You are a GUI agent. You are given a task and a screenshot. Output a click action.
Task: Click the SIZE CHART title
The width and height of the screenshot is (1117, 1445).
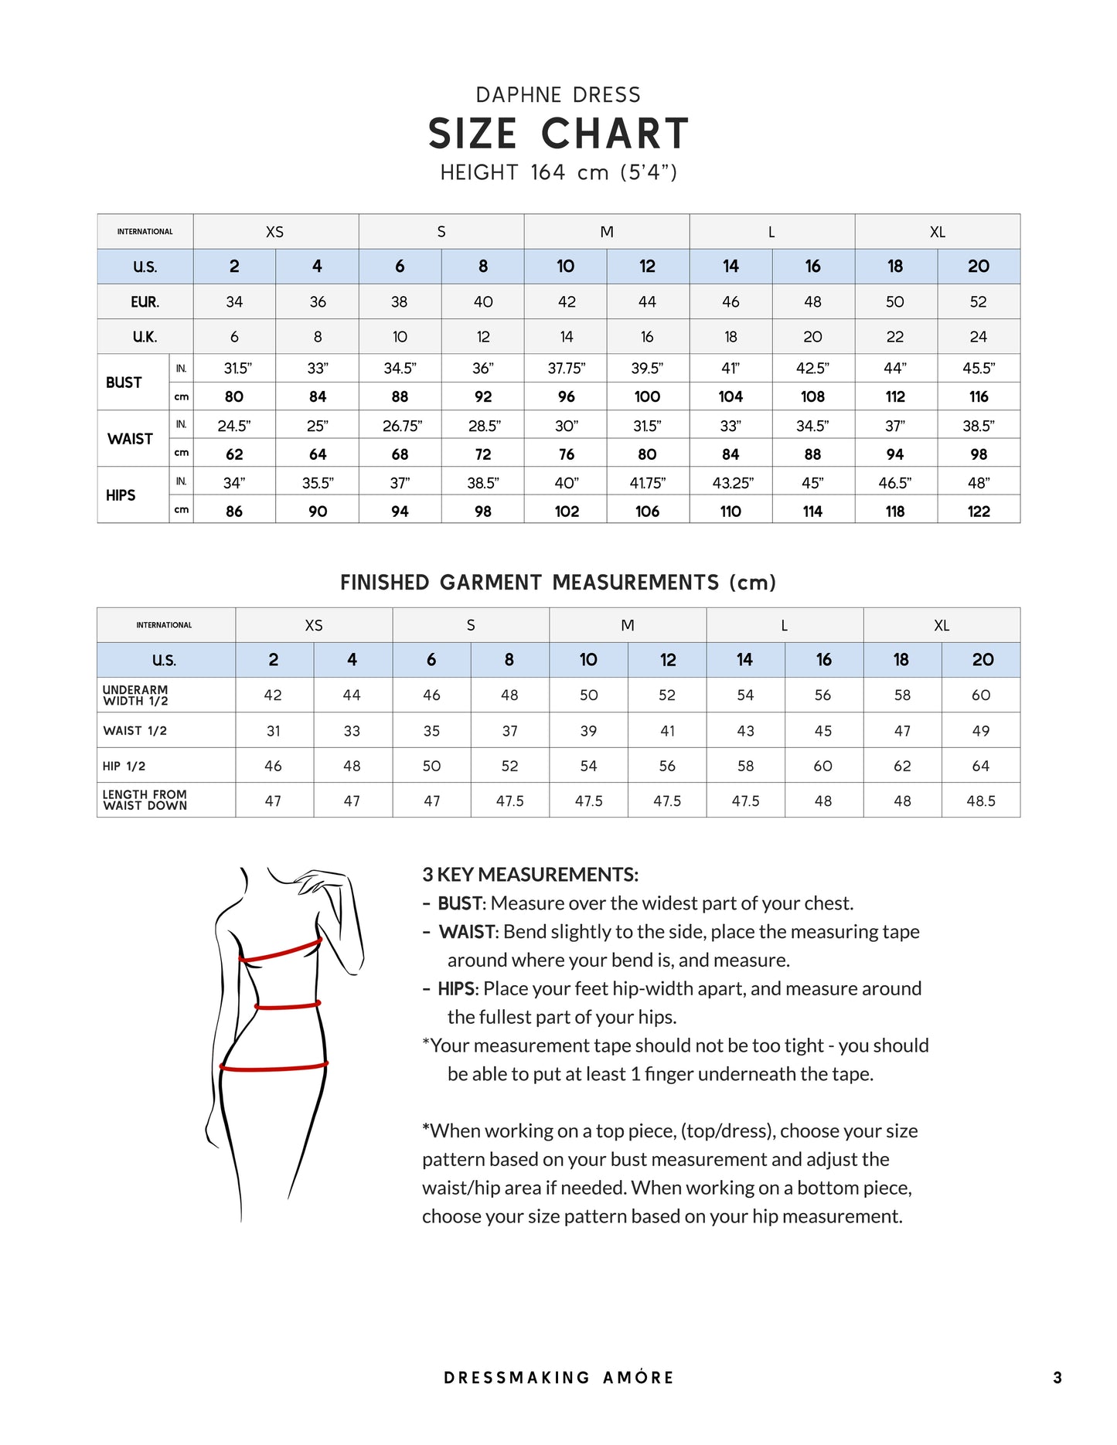tap(558, 134)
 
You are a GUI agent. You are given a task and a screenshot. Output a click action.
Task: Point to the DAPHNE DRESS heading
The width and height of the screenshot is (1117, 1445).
tap(558, 95)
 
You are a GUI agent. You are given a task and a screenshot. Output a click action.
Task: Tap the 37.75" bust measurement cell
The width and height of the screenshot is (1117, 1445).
tap(566, 369)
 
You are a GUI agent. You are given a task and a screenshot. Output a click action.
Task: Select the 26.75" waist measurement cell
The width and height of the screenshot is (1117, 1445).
tap(400, 426)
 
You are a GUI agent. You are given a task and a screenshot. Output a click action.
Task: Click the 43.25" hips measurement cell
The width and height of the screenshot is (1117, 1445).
tap(731, 483)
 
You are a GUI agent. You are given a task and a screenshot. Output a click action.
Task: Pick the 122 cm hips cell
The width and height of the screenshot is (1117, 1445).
tap(979, 511)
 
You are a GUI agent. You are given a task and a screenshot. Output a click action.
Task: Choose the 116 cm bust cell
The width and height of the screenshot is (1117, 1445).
tap(979, 396)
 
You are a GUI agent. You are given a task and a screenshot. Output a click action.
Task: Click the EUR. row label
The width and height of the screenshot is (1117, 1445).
tap(145, 302)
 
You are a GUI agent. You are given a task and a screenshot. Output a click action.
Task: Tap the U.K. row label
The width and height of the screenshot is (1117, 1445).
tap(145, 337)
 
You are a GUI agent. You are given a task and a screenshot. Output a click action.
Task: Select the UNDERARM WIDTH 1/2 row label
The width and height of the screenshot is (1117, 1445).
tap(136, 695)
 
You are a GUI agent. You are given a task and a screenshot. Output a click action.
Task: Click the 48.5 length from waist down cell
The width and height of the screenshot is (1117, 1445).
tap(980, 801)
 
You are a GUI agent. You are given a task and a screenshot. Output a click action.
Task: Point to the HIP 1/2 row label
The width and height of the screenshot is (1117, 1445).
tap(124, 766)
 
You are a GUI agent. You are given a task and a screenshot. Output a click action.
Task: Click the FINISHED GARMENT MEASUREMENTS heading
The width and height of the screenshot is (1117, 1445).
tap(558, 583)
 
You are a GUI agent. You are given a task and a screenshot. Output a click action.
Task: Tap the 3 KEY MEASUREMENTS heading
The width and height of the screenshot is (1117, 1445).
tap(530, 875)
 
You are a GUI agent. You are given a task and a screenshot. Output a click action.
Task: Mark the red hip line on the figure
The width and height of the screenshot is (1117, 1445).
tap(274, 1067)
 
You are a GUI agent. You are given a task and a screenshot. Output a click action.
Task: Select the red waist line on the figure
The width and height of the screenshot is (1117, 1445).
tap(288, 1006)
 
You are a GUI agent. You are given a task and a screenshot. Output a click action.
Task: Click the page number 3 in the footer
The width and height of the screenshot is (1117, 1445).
tap(1057, 1377)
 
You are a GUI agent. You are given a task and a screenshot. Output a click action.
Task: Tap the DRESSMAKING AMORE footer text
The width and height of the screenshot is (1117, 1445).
tap(558, 1377)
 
